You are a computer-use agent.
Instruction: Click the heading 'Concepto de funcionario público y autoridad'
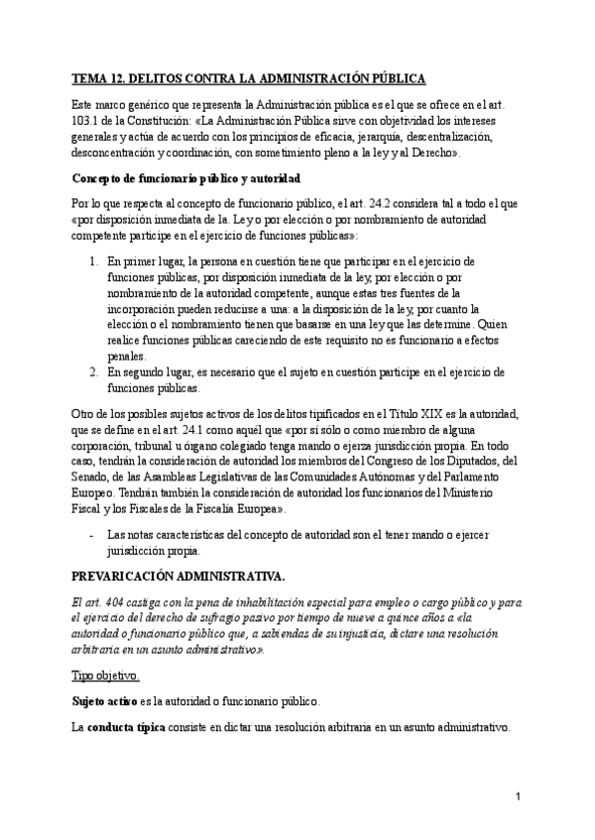pyautogui.click(x=186, y=179)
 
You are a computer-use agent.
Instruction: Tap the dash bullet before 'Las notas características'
pyautogui.click(x=92, y=536)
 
